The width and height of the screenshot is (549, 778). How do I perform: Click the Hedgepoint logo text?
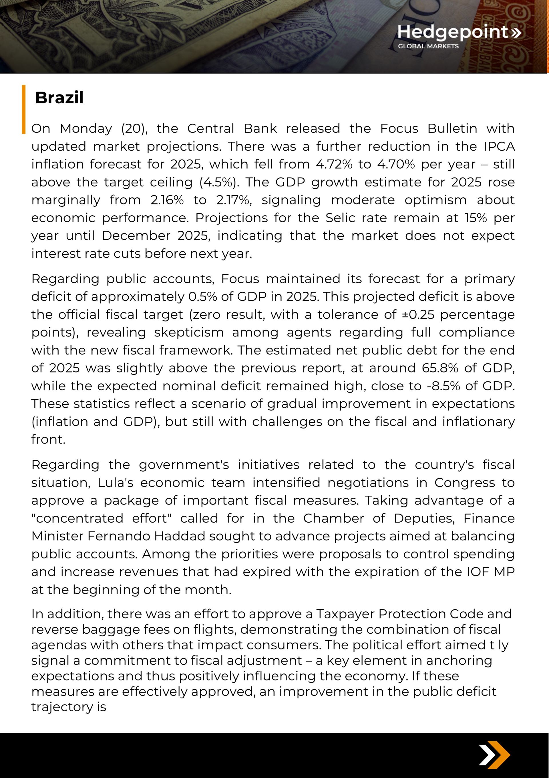[x=453, y=32]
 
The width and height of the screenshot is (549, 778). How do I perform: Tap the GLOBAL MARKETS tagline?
[x=428, y=46]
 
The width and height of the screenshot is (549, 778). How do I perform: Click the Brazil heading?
[x=59, y=98]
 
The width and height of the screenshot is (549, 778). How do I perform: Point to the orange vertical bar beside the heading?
[x=24, y=109]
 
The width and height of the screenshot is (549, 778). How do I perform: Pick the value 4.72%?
[x=334, y=164]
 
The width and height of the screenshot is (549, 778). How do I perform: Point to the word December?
[x=136, y=236]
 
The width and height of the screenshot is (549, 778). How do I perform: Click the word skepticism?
[x=189, y=332]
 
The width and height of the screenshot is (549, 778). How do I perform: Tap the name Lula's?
[x=116, y=483]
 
